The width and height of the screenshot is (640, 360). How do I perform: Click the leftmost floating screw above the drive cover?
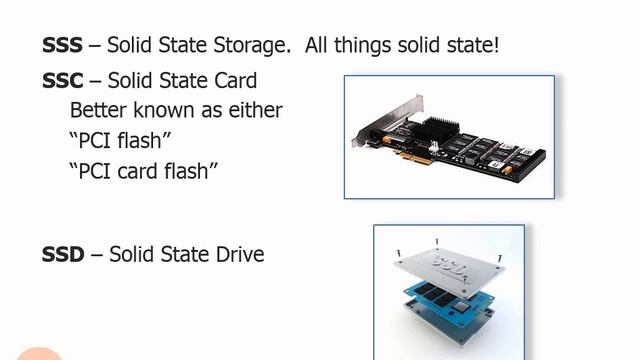398,253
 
